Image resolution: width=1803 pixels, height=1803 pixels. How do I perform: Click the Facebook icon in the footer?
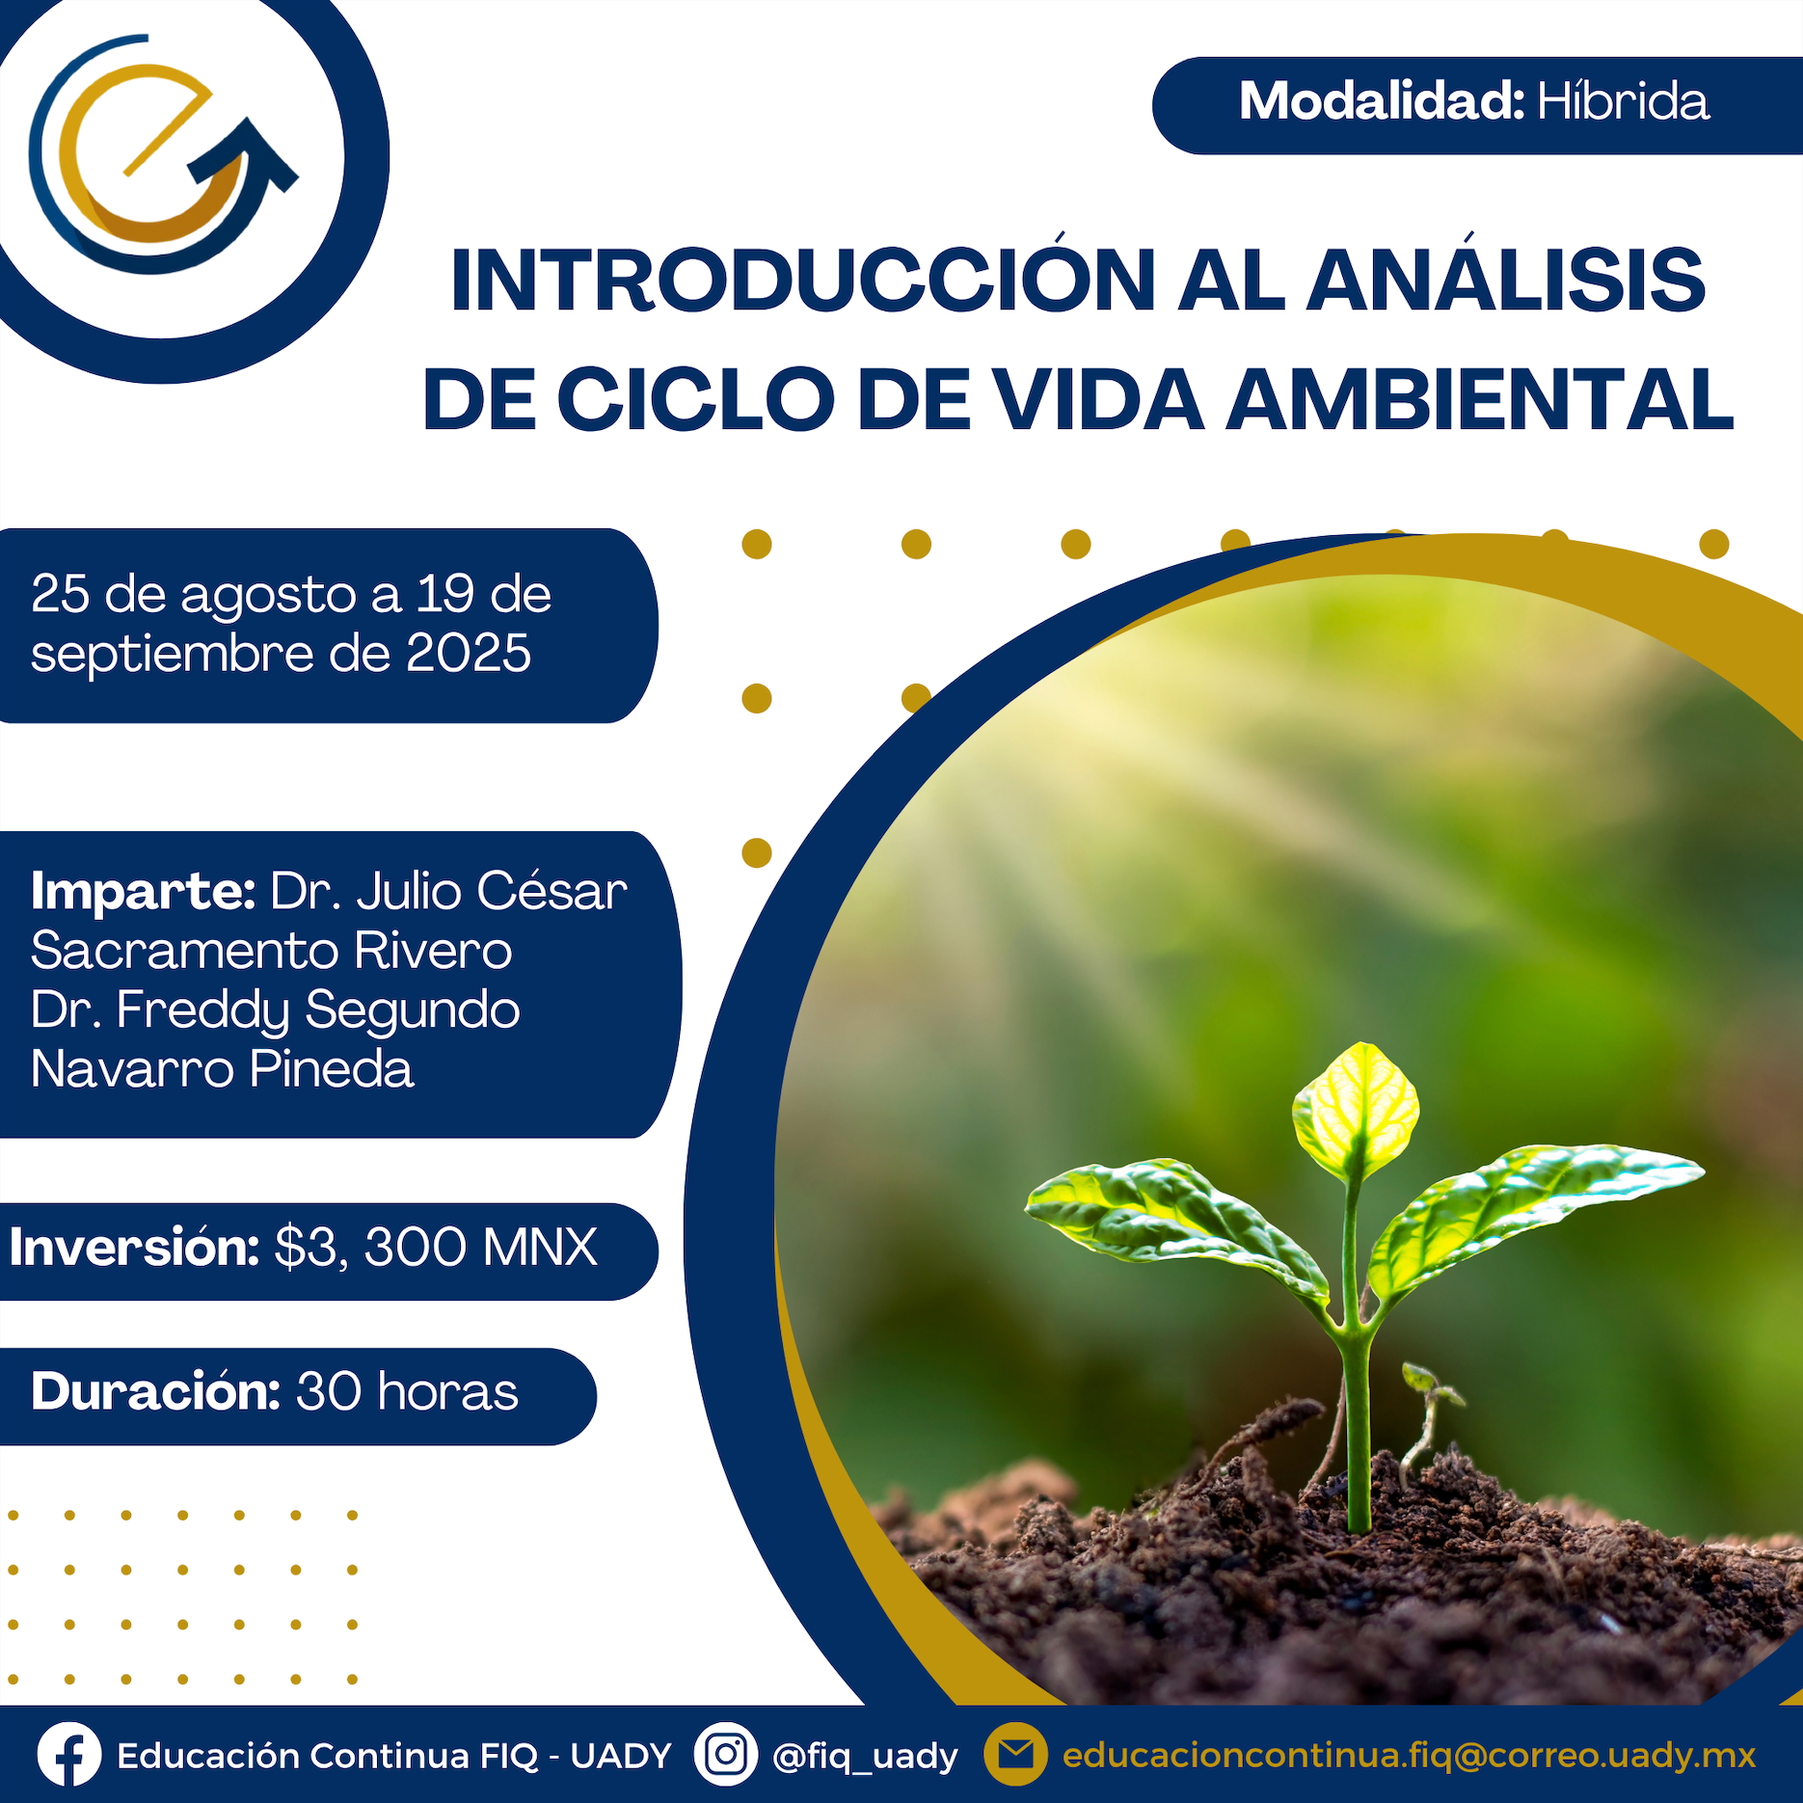pos(69,1755)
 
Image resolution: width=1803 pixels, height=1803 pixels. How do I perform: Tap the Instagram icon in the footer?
pos(725,1754)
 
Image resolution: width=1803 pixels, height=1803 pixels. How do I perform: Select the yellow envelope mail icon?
pos(1015,1754)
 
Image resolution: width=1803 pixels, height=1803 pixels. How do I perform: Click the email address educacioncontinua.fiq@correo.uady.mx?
pos(1409,1756)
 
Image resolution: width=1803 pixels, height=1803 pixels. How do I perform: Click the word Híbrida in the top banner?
pos(1623,101)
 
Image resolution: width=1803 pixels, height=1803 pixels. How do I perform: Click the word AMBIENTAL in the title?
pos(1479,399)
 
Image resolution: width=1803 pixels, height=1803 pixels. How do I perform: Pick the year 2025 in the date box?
pos(469,653)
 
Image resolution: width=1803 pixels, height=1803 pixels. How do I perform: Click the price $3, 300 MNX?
pos(436,1247)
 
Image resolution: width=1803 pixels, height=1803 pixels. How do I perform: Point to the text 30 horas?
pos(407,1391)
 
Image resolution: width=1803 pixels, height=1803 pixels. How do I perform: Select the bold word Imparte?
pos(143,891)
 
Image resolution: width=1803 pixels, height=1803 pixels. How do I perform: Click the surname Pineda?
pos(332,1068)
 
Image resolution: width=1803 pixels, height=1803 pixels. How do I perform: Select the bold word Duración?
pos(155,1391)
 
